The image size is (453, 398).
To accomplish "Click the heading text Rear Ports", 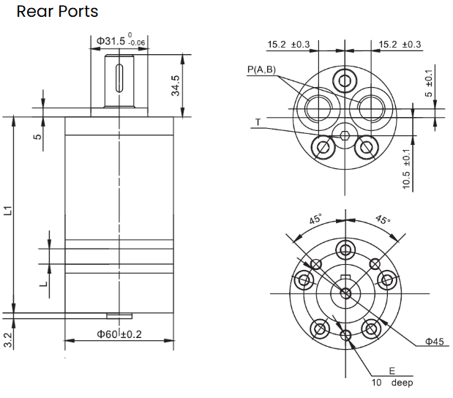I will [x=57, y=12].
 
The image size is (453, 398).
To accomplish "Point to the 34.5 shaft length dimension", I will [x=176, y=85].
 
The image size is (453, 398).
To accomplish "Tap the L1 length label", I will [x=9, y=211].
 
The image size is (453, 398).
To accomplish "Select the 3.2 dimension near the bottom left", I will [x=8, y=339].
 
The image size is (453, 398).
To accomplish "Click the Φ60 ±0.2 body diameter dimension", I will [x=119, y=334].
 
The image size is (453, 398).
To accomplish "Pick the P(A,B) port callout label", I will [x=261, y=70].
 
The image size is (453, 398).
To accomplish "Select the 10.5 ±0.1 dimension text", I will [x=407, y=168].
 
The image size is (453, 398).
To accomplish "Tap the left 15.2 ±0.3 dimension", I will [x=288, y=45].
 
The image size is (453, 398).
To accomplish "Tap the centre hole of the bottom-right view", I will [x=345, y=293].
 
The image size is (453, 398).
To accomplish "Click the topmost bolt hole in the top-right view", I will [x=345, y=79].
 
